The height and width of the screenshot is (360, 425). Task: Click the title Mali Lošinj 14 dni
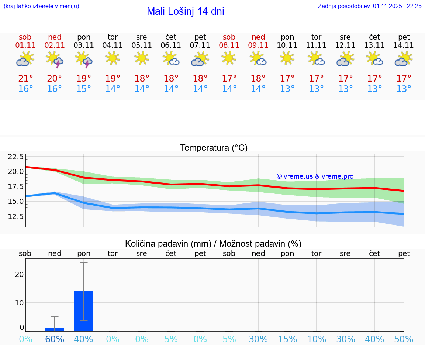[x=185, y=11]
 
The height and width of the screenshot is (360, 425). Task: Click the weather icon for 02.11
[x=55, y=59]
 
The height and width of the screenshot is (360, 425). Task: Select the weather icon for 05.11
[x=142, y=58]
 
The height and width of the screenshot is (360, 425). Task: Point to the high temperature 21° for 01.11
[x=25, y=79]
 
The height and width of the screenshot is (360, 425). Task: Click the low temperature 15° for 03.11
[x=84, y=89]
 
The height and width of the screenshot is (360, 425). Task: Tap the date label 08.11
[x=229, y=45]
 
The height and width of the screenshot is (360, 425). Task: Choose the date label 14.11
[x=404, y=45]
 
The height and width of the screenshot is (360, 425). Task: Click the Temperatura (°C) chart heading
[x=214, y=148]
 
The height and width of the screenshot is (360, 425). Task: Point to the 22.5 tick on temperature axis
[x=16, y=157]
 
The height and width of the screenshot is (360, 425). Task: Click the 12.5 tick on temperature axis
[x=16, y=216]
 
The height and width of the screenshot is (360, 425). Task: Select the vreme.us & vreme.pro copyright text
[x=315, y=176]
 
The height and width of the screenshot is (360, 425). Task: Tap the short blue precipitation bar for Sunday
[x=55, y=329]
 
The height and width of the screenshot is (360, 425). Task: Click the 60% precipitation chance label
[x=55, y=339]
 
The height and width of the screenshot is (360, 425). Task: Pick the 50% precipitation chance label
[x=404, y=339]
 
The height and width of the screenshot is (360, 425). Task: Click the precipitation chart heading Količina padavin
[x=213, y=244]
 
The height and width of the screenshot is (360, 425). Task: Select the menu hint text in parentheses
[x=41, y=6]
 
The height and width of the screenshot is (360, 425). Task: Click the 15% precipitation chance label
[x=287, y=339]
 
